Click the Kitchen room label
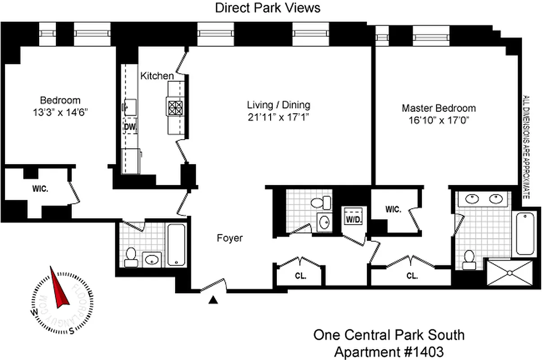[157, 76]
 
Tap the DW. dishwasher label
[130, 127]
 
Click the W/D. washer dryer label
[352, 220]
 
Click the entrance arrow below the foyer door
[214, 300]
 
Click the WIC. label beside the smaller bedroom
[40, 189]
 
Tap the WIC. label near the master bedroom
[393, 210]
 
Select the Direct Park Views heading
[267, 8]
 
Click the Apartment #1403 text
[388, 351]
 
